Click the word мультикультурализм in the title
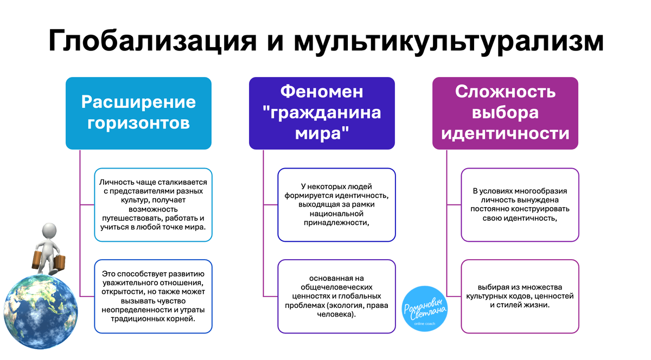449,41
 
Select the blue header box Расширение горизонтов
138,113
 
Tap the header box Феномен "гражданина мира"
322,113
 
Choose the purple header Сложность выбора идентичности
505,113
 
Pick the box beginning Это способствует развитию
154,296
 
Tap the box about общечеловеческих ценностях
336,296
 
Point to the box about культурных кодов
520,296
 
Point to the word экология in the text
349,305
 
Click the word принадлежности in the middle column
336,222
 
